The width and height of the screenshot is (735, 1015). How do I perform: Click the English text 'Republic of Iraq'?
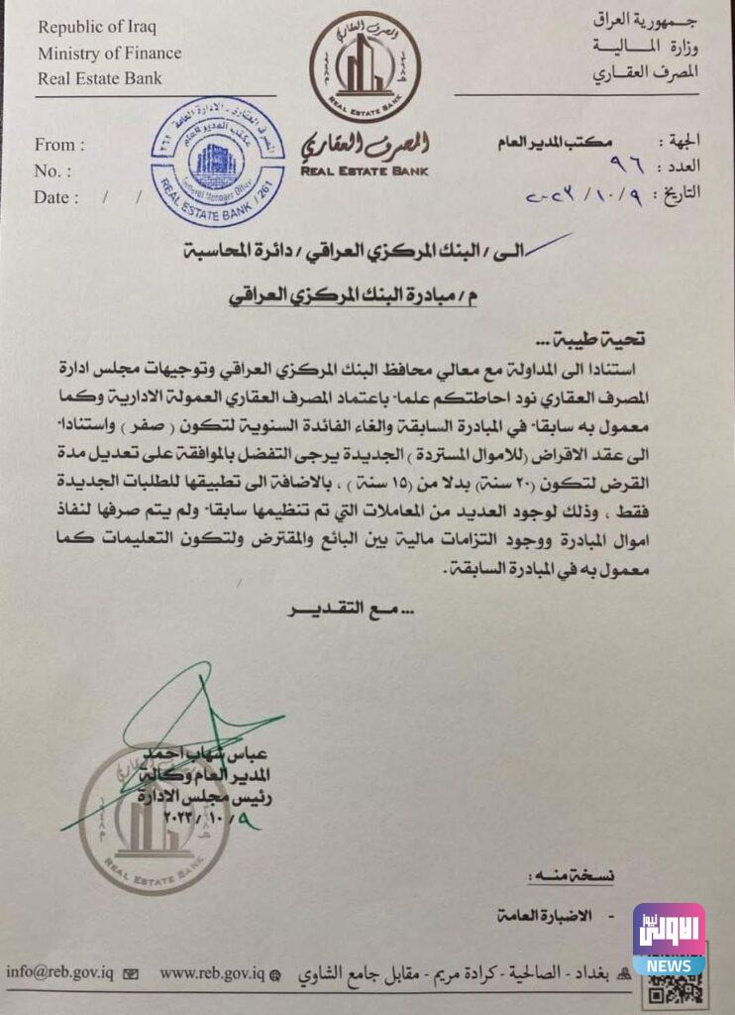click(x=97, y=26)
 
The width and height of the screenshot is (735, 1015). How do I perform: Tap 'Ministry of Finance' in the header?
click(x=110, y=53)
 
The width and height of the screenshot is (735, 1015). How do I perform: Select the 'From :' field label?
click(x=59, y=145)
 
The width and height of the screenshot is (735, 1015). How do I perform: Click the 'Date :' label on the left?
click(x=56, y=197)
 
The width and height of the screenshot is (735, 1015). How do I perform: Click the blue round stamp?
click(x=217, y=162)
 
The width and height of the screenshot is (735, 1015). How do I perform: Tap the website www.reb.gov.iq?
click(x=213, y=974)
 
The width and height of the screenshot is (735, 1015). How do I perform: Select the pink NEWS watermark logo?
click(x=669, y=938)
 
